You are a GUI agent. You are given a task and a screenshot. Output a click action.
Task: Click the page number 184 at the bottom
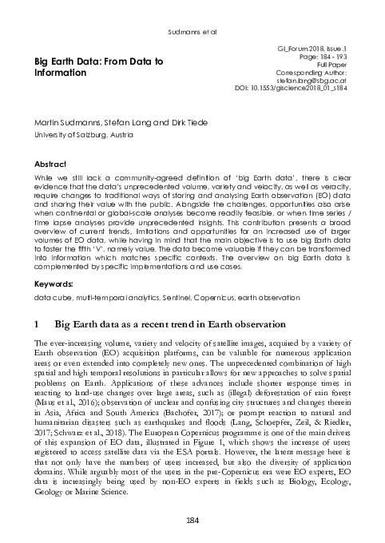192,521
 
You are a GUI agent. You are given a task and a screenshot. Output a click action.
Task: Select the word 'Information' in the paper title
60,73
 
